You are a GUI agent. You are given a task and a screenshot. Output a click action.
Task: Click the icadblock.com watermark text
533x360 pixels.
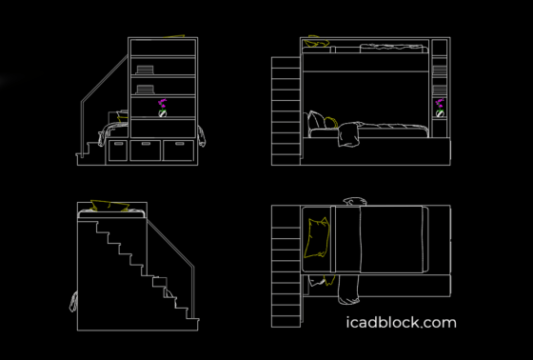[401, 323]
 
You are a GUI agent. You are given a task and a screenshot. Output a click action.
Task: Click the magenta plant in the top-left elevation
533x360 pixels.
[163, 104]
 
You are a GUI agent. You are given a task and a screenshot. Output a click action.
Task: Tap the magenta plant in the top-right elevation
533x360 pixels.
[441, 104]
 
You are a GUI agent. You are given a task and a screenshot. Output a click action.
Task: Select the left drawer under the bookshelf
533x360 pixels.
[118, 150]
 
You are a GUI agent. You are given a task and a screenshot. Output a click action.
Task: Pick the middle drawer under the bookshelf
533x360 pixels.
[147, 150]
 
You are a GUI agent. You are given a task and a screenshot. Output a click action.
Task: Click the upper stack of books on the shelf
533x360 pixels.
[145, 69]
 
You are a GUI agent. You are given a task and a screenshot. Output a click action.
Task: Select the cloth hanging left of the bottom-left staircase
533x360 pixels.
[72, 303]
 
